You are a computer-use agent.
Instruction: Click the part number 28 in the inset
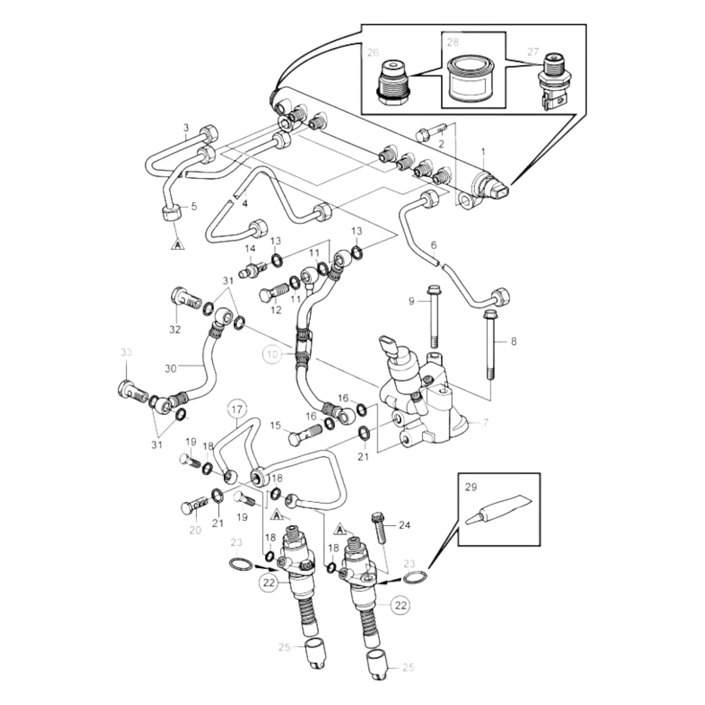[453, 42]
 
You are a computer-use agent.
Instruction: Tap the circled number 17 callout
[237, 410]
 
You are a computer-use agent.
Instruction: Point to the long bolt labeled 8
[491, 344]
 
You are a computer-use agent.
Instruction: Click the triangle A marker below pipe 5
[178, 244]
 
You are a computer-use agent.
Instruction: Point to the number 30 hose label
[170, 368]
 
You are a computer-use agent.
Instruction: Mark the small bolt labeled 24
[379, 526]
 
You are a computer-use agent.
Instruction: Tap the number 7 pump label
[485, 423]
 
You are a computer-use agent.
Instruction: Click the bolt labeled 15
[303, 435]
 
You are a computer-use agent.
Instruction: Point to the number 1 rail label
[483, 152]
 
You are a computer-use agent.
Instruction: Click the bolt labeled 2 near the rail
[429, 132]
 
